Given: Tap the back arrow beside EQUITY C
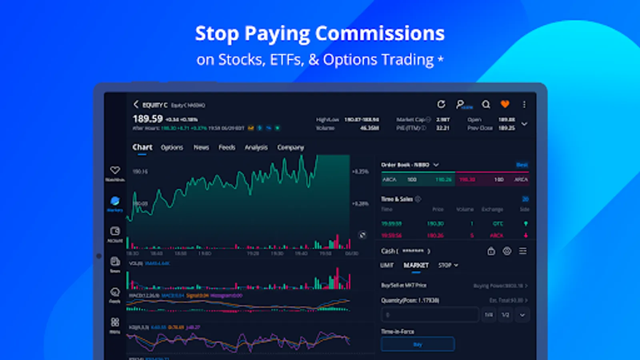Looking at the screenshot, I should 136,104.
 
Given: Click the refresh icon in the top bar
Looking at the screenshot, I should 441,104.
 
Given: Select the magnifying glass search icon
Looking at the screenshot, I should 486,104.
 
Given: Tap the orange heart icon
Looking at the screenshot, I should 505,104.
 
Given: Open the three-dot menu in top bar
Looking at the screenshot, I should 524,104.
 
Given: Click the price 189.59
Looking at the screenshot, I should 148,119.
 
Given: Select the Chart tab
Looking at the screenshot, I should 142,147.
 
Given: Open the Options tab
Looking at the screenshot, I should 172,148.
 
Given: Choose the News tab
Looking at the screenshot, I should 201,148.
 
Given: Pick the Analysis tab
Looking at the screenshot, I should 256,148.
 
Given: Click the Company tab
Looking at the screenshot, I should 290,148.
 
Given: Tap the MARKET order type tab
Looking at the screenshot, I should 416,265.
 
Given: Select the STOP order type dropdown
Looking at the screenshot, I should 448,265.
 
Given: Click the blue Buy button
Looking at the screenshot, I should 418,344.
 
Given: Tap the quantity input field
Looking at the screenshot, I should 430,315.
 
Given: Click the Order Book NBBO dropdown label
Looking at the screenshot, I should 410,165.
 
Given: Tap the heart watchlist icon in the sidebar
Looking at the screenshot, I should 115,170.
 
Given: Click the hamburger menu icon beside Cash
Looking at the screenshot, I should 523,251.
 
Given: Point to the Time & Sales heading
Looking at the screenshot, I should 397,199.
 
